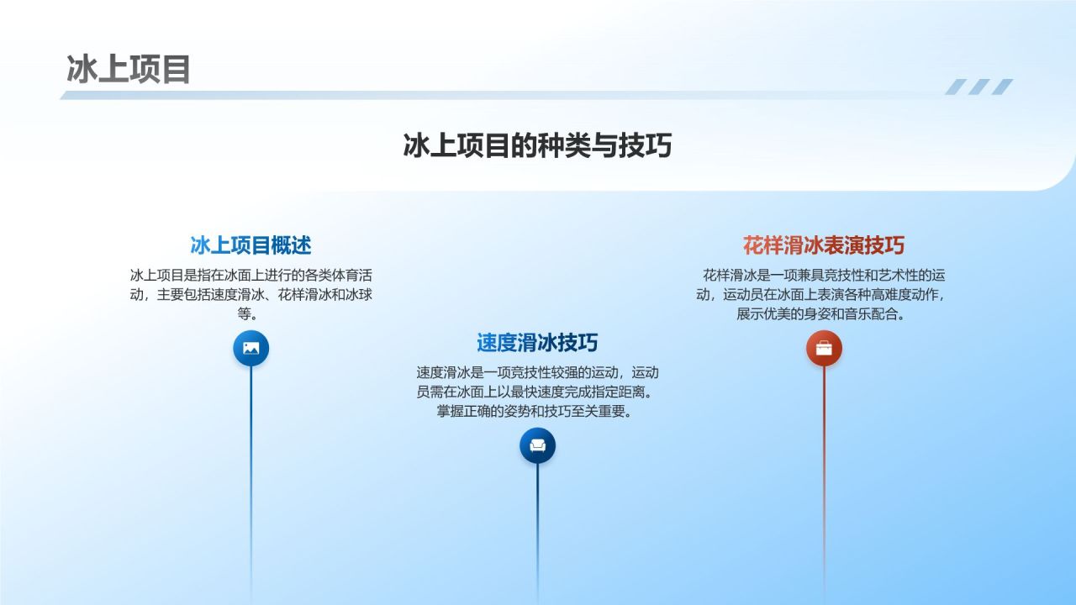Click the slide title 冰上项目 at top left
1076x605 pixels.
coord(129,70)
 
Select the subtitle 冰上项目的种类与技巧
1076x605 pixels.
coord(537,145)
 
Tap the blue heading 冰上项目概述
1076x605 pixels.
coord(251,245)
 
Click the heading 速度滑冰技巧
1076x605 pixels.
coord(537,343)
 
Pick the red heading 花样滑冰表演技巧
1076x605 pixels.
coord(824,245)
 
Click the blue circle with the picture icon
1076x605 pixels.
coord(251,348)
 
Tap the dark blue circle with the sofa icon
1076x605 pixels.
coord(537,445)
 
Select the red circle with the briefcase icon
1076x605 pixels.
coord(824,348)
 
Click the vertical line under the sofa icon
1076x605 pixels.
coord(537,529)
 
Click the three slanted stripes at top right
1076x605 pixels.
coord(978,87)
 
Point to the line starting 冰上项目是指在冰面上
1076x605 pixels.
coord(251,275)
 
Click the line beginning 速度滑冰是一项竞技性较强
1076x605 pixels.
coord(537,372)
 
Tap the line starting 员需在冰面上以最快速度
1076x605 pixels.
coord(537,392)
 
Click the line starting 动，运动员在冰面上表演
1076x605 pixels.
coord(821,295)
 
